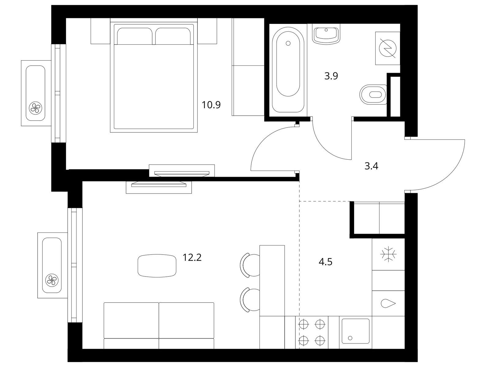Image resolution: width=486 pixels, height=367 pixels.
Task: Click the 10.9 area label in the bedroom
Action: click(211, 105)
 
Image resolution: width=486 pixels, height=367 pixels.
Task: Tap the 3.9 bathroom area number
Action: click(331, 76)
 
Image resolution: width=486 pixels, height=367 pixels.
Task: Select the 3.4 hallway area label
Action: click(371, 166)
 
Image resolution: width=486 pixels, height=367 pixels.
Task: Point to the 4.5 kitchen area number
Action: click(325, 262)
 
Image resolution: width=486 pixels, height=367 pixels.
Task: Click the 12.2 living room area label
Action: click(192, 257)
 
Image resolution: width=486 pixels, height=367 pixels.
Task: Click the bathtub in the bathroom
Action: click(288, 70)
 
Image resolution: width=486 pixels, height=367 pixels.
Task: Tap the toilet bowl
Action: click(373, 95)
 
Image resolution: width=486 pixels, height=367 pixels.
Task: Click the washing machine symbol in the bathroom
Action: click(387, 48)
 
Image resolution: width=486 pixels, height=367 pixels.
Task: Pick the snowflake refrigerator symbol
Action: click(388, 254)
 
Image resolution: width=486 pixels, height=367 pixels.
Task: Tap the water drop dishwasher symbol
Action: click(388, 303)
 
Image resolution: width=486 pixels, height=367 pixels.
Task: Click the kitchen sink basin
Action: click(355, 331)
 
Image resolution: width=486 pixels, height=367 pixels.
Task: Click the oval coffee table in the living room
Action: click(157, 265)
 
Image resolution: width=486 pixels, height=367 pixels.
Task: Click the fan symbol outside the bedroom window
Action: click(35, 108)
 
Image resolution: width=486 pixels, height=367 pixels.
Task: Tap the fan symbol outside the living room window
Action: click(52, 280)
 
